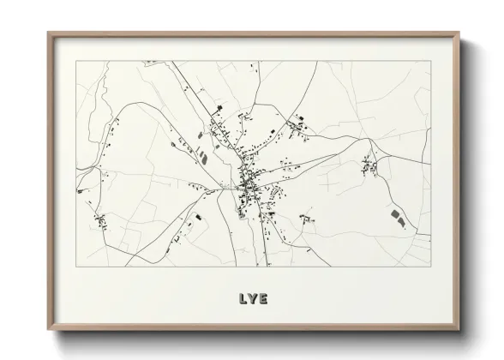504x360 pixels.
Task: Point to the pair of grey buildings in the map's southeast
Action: tap(397, 216)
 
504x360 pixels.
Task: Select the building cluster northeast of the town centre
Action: tap(299, 129)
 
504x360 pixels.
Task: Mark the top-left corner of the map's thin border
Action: tap(76, 61)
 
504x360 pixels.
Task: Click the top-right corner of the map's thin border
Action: tap(430, 61)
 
